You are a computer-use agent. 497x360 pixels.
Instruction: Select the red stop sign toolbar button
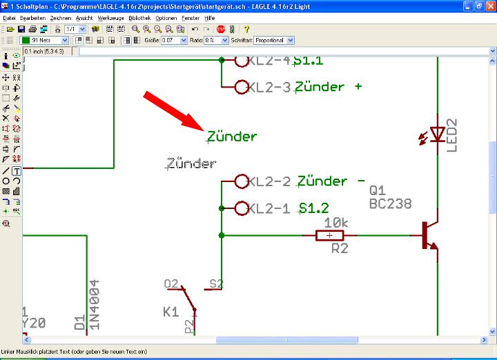tap(221, 30)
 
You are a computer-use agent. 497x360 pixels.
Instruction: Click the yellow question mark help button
tap(246, 30)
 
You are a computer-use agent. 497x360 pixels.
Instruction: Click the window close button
tap(489, 6)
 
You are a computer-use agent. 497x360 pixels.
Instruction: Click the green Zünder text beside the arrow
tap(232, 137)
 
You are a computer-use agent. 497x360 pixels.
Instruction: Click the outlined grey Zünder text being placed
tap(192, 164)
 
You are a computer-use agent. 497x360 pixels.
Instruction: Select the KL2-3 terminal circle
tap(242, 87)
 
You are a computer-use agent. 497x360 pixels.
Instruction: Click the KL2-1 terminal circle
tap(242, 208)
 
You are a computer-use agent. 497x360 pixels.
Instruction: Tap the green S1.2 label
tap(314, 208)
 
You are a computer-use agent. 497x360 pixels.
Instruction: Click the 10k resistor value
tap(335, 223)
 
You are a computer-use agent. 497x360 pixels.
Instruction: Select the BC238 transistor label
tap(390, 204)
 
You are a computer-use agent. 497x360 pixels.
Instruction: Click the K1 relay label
tap(170, 312)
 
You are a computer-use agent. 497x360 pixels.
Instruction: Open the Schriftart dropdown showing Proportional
tap(269, 41)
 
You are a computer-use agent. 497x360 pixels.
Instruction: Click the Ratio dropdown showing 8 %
tap(216, 41)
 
